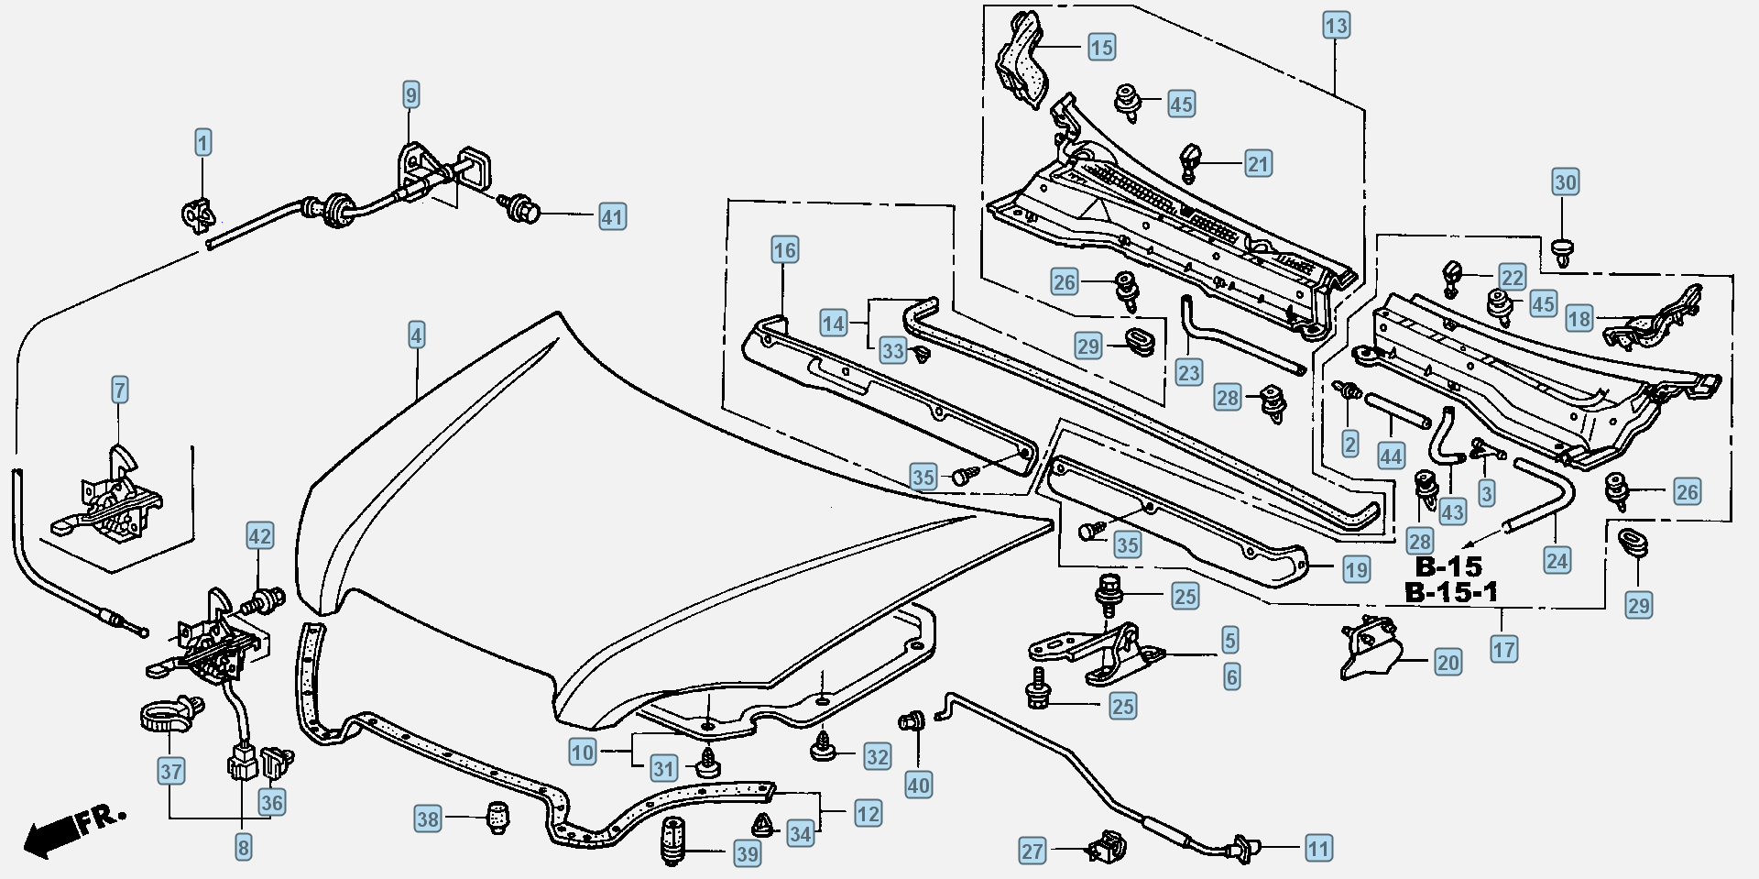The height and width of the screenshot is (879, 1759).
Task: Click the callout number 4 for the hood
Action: (x=416, y=335)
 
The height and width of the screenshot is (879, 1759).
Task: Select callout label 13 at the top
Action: (x=1336, y=25)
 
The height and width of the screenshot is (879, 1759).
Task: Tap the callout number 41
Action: (x=612, y=217)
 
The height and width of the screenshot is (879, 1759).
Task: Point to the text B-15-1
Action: (x=1451, y=592)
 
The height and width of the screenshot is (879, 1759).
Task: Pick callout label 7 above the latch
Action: (x=120, y=390)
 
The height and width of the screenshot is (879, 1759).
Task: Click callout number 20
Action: (x=1448, y=662)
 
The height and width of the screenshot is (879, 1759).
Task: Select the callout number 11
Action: (x=1317, y=849)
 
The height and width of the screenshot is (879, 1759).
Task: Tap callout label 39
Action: (x=748, y=854)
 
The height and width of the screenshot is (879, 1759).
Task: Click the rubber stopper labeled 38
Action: (x=497, y=817)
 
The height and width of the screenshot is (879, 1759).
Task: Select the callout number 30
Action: (x=1565, y=181)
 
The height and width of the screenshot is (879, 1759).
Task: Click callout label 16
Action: (x=784, y=249)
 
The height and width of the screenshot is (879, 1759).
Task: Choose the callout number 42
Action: (x=259, y=536)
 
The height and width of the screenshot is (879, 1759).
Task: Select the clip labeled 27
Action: (x=1106, y=847)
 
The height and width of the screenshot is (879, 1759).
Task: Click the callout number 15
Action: (x=1101, y=46)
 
